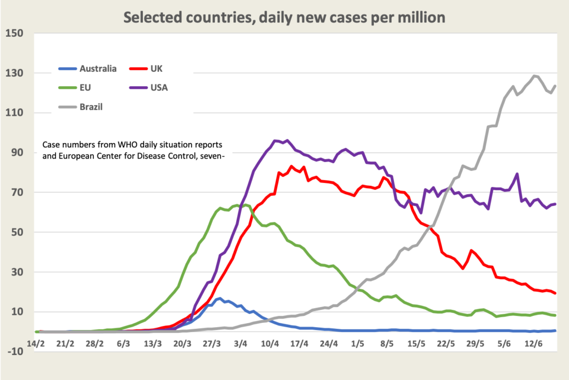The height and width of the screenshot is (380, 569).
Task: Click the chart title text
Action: pyautogui.click(x=284, y=17)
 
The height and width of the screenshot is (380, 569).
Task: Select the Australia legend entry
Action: pyautogui.click(x=98, y=68)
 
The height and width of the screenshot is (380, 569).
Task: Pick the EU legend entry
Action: pyautogui.click(x=86, y=87)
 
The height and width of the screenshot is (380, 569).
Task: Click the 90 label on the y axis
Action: pyautogui.click(x=16, y=153)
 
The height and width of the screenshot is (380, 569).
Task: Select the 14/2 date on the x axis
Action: pyautogui.click(x=36, y=343)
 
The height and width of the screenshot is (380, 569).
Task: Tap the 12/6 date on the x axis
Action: pyautogui.click(x=534, y=343)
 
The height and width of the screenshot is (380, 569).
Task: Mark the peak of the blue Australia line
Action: pyautogui.click(x=219, y=298)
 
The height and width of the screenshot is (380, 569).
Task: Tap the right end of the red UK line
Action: pyautogui.click(x=556, y=293)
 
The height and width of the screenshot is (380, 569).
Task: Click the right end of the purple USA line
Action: pyautogui.click(x=556, y=204)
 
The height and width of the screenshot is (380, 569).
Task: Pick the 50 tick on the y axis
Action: pyautogui.click(x=16, y=233)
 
